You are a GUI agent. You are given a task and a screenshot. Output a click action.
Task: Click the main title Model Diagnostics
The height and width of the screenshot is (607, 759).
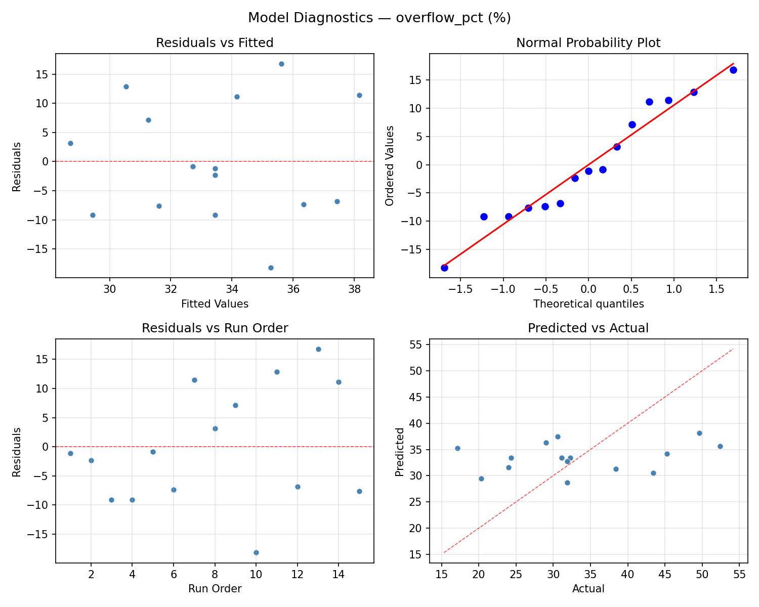(379, 18)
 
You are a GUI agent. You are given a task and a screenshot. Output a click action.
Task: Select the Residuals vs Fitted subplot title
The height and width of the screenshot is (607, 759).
(215, 43)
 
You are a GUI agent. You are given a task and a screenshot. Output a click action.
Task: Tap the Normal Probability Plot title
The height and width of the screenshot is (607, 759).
(588, 43)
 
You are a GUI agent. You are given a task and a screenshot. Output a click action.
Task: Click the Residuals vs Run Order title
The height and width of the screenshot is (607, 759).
(215, 328)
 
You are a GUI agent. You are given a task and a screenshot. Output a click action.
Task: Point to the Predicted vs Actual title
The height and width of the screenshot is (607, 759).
(588, 328)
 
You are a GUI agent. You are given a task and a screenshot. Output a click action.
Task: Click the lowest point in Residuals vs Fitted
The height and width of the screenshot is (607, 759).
(271, 268)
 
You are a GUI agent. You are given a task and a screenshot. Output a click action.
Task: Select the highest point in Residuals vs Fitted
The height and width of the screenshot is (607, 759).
(281, 64)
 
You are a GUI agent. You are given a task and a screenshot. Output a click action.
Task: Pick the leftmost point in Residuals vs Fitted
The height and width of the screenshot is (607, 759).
(70, 143)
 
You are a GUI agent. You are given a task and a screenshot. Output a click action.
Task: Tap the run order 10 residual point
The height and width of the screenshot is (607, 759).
(256, 552)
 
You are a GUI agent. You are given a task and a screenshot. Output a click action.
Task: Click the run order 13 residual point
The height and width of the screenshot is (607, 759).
(318, 349)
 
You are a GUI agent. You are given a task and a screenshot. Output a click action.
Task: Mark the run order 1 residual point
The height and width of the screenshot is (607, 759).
(70, 453)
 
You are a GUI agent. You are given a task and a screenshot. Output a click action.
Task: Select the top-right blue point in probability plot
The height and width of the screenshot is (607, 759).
(733, 70)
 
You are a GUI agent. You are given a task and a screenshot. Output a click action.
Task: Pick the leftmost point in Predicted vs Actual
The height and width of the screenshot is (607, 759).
(457, 448)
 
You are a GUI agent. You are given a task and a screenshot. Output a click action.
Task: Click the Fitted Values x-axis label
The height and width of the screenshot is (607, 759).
(215, 304)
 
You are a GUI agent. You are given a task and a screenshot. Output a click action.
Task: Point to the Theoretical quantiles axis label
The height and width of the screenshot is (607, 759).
(588, 304)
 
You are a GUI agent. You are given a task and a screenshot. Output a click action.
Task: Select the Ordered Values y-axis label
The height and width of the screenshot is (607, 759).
(389, 165)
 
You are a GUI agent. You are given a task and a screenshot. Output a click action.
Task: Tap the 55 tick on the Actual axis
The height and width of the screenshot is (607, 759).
(739, 575)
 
